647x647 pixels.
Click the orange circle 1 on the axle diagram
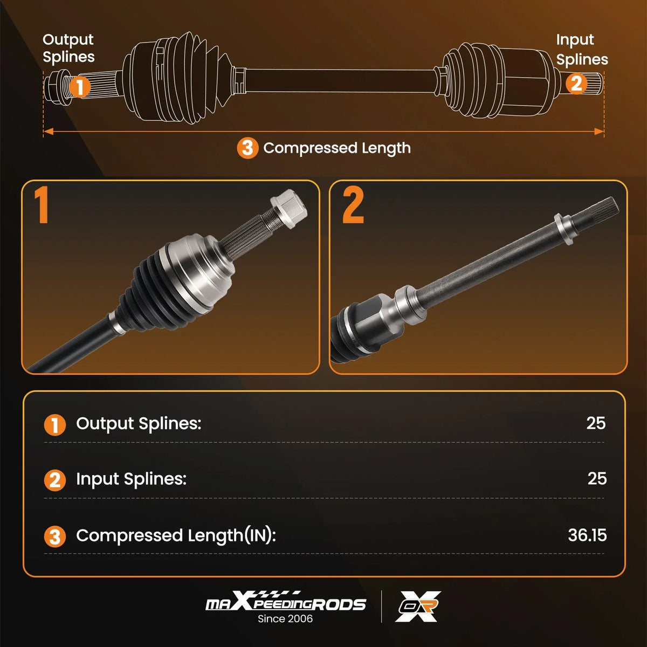click(x=80, y=87)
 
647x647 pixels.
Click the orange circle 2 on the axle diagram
click(x=576, y=83)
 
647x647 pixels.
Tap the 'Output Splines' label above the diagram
click(x=68, y=49)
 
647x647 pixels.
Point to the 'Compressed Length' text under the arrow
click(x=337, y=148)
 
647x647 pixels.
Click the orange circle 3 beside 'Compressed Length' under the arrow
click(x=247, y=148)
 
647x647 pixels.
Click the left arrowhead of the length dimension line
click(x=49, y=131)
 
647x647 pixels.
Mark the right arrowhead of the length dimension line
click(x=598, y=131)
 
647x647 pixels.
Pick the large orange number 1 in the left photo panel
click(x=42, y=205)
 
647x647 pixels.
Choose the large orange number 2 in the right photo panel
click(x=353, y=205)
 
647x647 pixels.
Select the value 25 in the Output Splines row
click(x=596, y=423)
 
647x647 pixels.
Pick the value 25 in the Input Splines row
click(x=597, y=478)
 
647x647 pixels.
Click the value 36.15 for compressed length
click(x=587, y=535)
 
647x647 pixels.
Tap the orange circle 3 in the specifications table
click(x=55, y=536)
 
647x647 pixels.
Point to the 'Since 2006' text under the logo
click(x=285, y=619)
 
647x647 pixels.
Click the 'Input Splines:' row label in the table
click(x=131, y=479)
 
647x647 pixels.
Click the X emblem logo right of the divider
click(x=418, y=607)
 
